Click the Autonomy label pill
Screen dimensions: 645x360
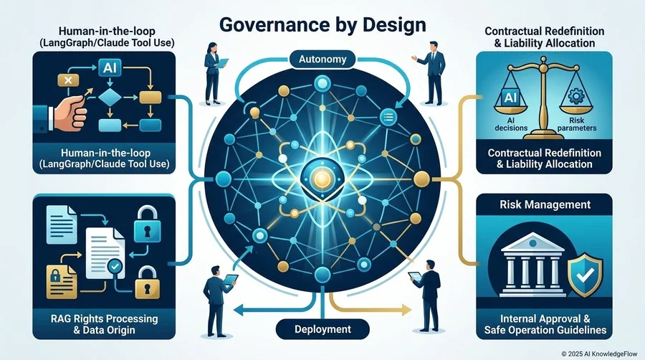click(322, 60)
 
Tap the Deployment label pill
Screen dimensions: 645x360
click(322, 329)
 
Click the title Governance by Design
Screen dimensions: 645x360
click(322, 24)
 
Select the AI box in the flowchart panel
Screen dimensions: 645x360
click(110, 67)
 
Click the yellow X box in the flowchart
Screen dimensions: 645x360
click(68, 80)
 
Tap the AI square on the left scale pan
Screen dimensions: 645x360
click(510, 98)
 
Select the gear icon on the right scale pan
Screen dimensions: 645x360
click(576, 96)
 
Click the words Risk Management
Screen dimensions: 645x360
click(545, 204)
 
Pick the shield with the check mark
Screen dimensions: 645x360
click(585, 272)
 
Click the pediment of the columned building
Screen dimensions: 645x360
click(532, 242)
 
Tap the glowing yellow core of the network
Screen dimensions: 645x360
click(322, 178)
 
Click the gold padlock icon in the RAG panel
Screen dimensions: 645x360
click(145, 282)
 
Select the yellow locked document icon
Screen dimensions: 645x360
click(62, 281)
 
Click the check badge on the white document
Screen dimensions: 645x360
click(115, 267)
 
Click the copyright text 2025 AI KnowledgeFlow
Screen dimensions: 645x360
click(599, 354)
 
